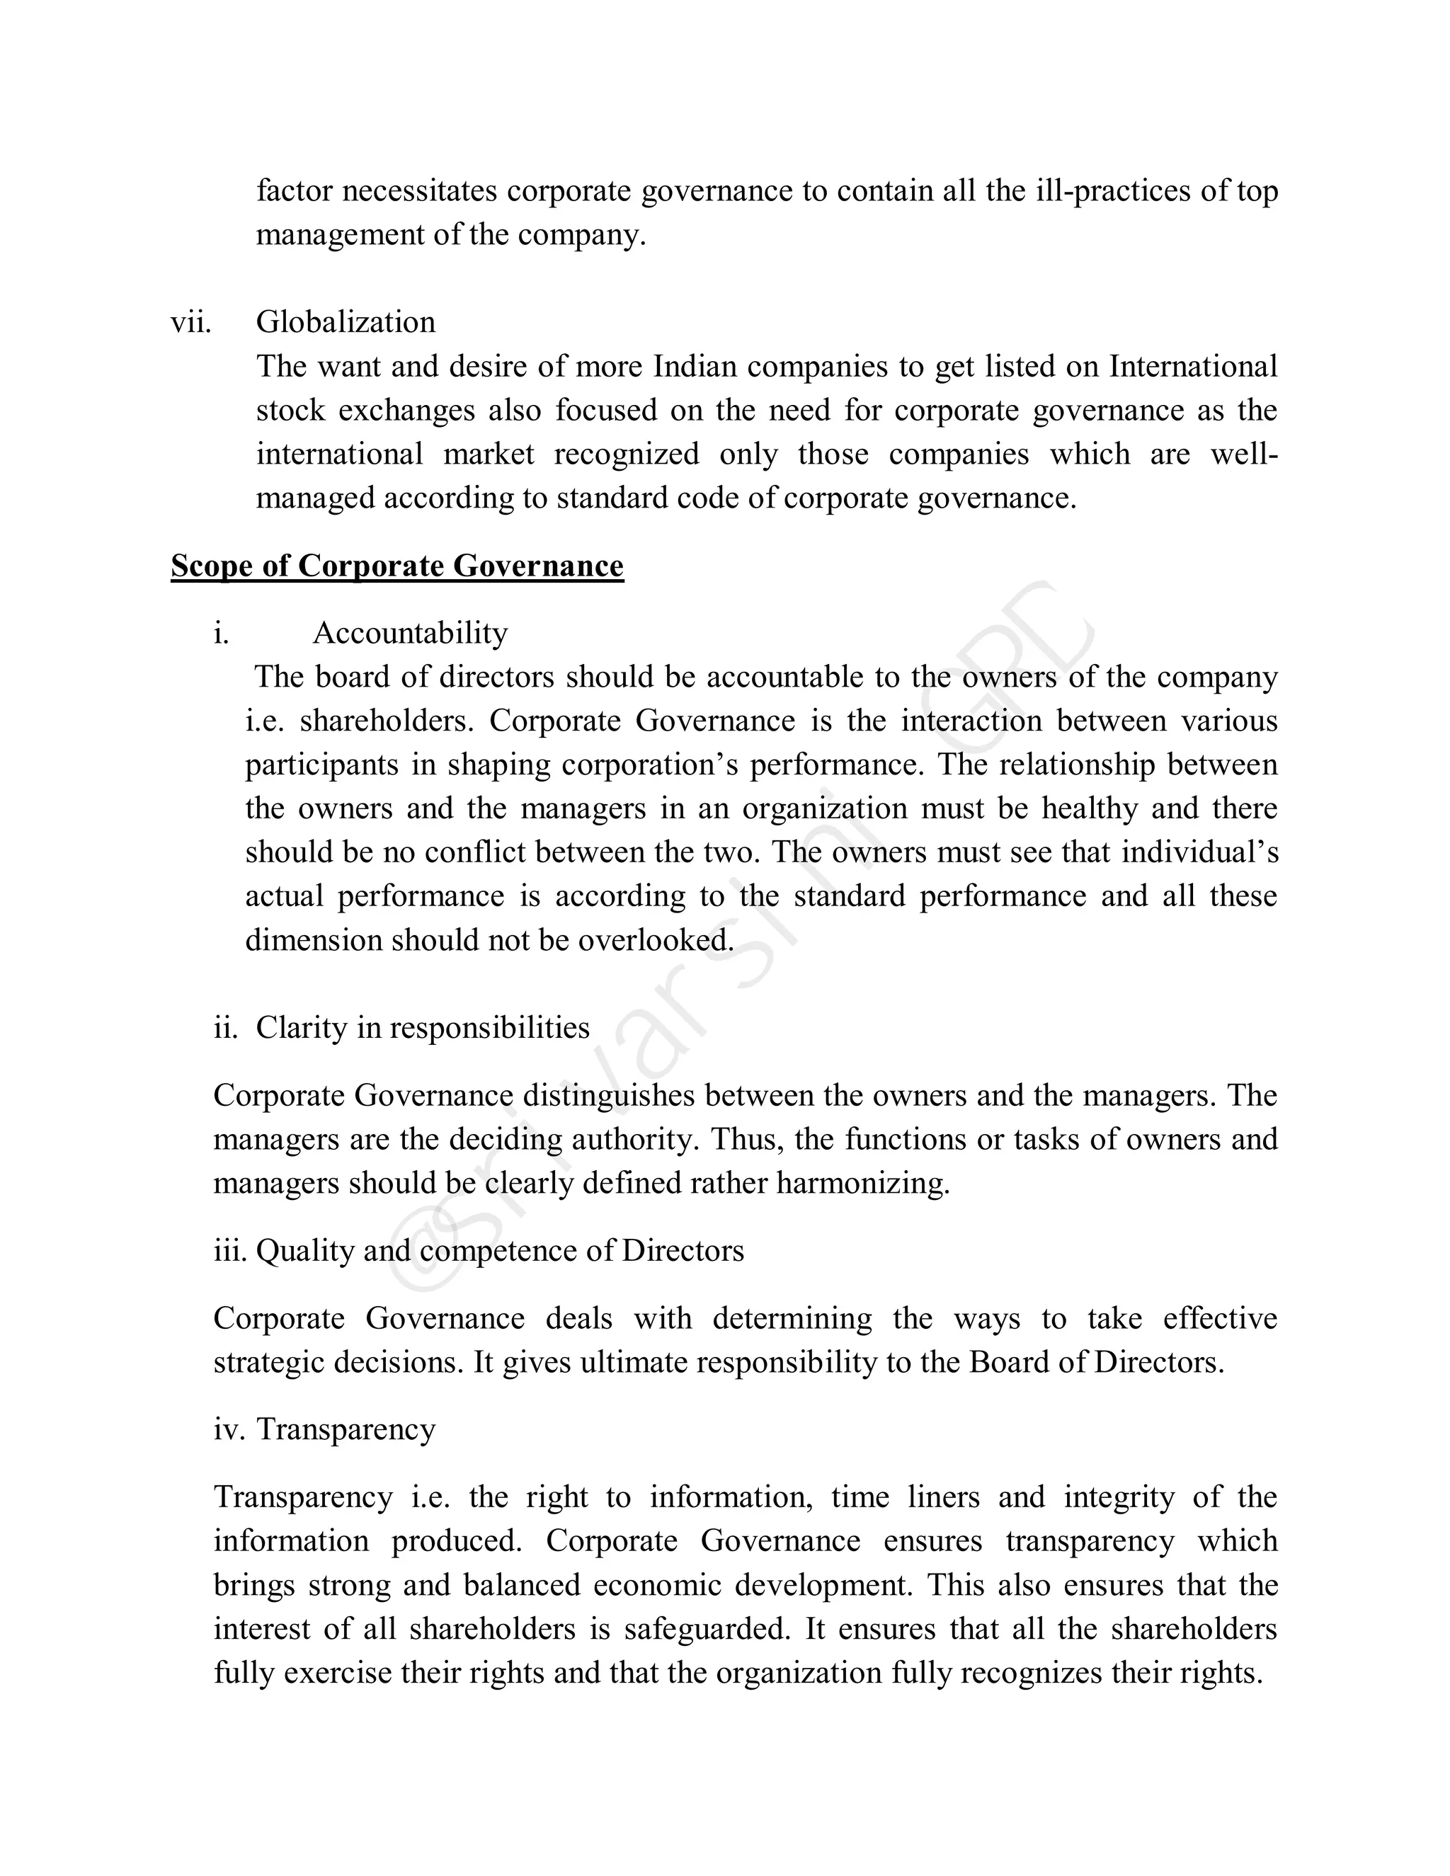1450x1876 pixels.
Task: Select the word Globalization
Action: pyautogui.click(x=346, y=322)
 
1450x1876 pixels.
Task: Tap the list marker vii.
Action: pyautogui.click(x=190, y=322)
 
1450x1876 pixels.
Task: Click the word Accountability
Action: pyautogui.click(x=410, y=633)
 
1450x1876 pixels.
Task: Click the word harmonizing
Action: pyautogui.click(x=862, y=1184)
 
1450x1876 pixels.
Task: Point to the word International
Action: pyautogui.click(x=1192, y=367)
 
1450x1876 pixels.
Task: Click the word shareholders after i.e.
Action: pyautogui.click(x=386, y=721)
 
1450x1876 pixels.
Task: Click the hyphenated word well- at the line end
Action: pyautogui.click(x=1244, y=454)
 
